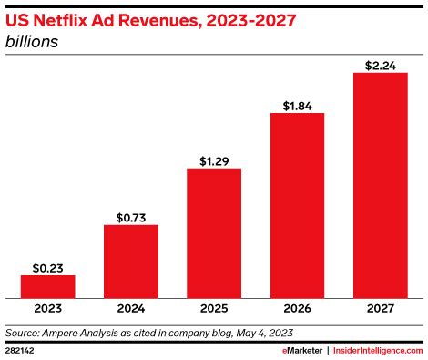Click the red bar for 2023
[47, 286]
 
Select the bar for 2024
[130, 261]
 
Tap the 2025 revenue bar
[214, 233]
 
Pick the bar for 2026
[297, 205]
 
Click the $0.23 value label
[47, 267]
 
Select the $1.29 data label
[214, 160]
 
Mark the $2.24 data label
[380, 65]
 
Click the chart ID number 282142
[20, 349]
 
